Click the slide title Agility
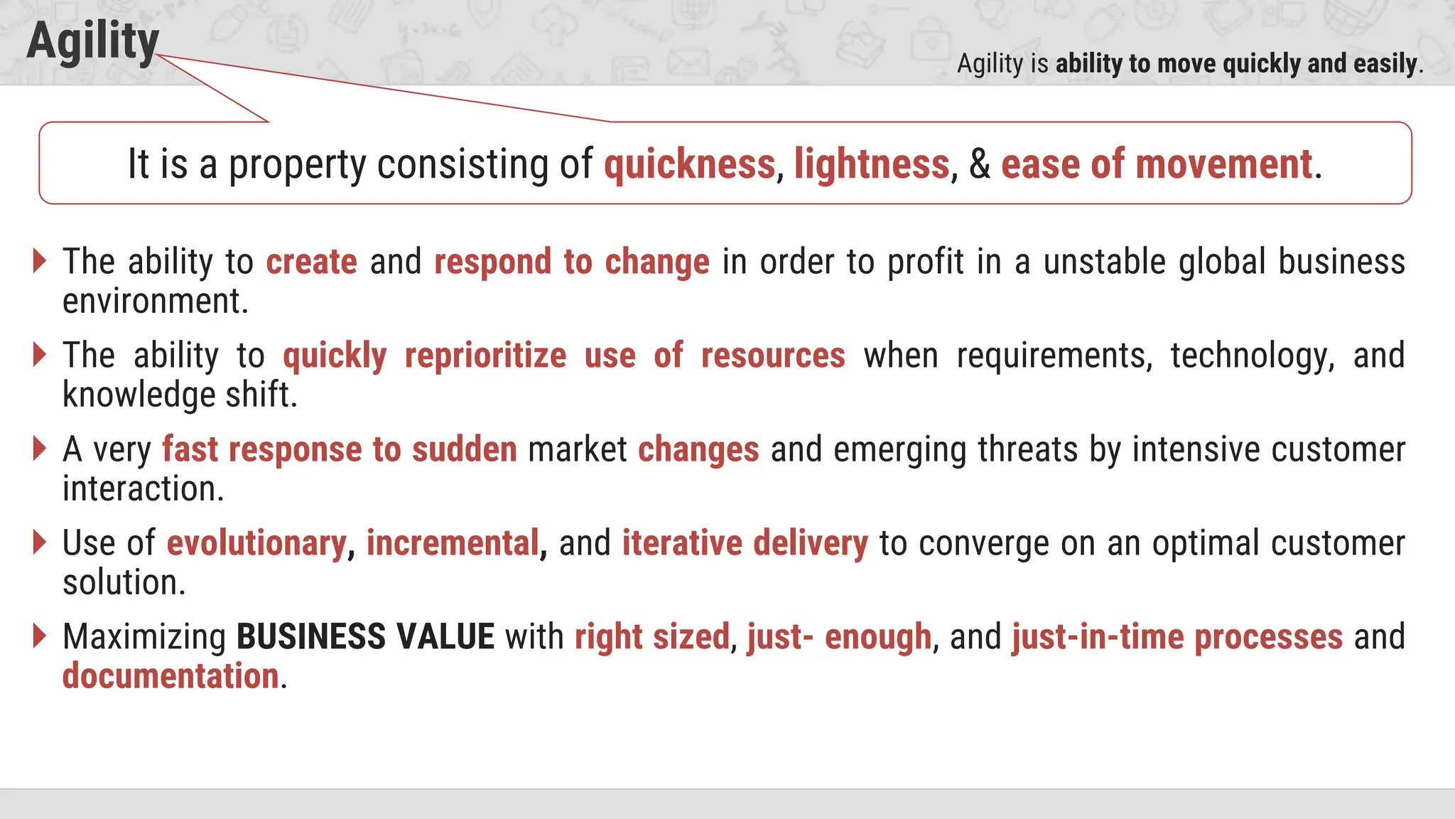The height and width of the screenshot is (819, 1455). pos(92,41)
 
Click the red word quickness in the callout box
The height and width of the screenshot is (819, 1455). pos(689,164)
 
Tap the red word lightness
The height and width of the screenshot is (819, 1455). pos(872,164)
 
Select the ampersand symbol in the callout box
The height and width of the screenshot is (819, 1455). pos(980,164)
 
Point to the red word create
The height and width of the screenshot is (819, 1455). pos(311,262)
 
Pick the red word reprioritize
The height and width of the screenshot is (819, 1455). pos(485,355)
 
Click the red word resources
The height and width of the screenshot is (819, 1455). pos(773,355)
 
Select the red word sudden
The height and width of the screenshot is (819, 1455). pos(465,449)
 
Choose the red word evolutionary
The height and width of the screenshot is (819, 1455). pos(256,543)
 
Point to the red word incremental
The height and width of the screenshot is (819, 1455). pos(453,543)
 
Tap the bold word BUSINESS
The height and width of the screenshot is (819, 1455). pos(311,636)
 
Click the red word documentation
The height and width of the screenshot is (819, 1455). pos(171,676)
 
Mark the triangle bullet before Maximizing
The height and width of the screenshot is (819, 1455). pos(40,636)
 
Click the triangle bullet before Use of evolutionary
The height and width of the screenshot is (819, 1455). pos(40,542)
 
